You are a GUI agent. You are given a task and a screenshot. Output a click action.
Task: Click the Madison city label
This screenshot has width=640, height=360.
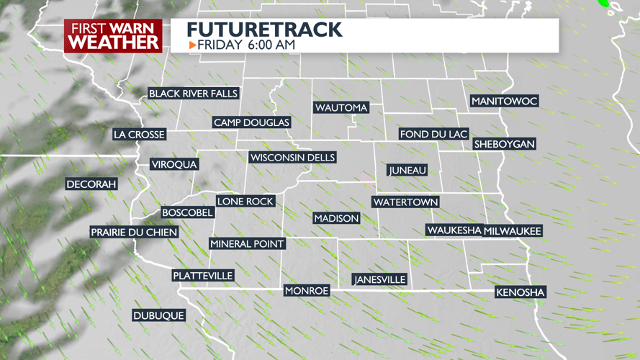click(x=336, y=218)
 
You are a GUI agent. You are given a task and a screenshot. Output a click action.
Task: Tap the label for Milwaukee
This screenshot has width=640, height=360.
click(x=513, y=230)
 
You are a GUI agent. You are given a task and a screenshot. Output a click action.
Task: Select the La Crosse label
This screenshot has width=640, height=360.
click(x=140, y=135)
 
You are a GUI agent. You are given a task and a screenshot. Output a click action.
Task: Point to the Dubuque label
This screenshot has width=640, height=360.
click(x=158, y=315)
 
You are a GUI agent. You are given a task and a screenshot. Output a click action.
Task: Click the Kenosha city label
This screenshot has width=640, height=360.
click(x=520, y=292)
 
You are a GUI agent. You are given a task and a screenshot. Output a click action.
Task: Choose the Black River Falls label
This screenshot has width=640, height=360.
click(x=193, y=94)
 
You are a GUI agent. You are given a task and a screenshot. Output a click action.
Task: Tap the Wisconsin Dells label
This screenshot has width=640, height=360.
click(x=292, y=158)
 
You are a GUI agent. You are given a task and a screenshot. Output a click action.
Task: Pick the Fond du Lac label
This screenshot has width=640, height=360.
click(x=434, y=135)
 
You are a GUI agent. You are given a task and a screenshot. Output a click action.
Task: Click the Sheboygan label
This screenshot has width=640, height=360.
click(x=504, y=144)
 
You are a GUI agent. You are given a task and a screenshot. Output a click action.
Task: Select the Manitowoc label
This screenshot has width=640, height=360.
click(x=504, y=102)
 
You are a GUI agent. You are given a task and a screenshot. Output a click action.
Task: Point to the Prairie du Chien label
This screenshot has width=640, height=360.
click(x=134, y=233)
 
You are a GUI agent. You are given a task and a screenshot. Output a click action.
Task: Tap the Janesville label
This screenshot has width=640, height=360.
click(x=379, y=279)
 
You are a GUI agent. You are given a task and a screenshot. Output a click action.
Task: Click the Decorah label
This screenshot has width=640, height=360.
click(x=91, y=184)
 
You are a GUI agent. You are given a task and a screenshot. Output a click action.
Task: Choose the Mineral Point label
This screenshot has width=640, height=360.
click(x=247, y=244)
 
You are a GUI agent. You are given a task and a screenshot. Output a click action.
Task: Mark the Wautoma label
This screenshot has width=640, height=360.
click(x=341, y=108)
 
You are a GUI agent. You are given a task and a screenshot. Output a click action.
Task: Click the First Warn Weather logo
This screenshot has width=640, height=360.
click(x=113, y=35)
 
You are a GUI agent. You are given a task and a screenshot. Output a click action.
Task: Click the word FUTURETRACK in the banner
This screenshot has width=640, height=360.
click(x=264, y=30)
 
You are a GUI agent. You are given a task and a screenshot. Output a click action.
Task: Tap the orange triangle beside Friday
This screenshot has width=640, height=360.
click(x=192, y=45)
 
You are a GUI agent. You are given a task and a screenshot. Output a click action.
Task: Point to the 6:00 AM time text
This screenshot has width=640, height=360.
click(x=270, y=45)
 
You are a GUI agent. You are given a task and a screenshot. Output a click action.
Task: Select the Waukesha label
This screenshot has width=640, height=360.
click(x=454, y=230)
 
